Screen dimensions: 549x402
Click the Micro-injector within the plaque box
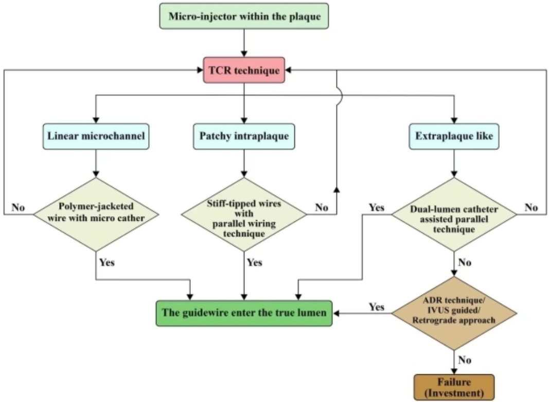point(244,16)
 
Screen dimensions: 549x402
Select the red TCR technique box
point(244,70)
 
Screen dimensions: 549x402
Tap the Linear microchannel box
point(96,136)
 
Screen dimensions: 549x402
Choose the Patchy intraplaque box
point(244,136)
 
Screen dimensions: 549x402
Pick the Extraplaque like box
point(454,136)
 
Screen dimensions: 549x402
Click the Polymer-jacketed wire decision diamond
point(96,214)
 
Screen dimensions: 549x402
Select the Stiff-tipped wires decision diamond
point(244,214)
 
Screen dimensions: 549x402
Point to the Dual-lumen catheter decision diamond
point(454,214)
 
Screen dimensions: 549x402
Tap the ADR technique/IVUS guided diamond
point(454,313)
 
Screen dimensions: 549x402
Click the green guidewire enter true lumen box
point(244,313)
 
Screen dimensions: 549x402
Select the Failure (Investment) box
point(454,387)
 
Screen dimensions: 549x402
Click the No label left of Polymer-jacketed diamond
point(18,207)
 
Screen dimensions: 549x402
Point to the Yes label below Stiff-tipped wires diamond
point(255,263)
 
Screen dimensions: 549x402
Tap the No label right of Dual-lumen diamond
point(531,207)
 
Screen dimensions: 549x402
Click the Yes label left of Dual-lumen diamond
point(377,207)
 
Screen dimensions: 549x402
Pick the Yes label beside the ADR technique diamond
point(377,307)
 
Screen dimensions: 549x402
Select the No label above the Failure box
point(465,360)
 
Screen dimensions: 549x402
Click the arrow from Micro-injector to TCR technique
point(244,43)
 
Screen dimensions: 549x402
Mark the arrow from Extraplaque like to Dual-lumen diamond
point(454,164)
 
